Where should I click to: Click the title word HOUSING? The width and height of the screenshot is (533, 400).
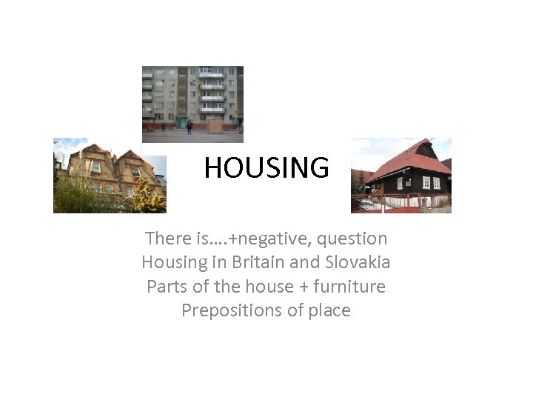pos(266,168)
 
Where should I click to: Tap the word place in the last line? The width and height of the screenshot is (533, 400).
pos(326,310)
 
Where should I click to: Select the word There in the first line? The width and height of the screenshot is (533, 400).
pos(168,239)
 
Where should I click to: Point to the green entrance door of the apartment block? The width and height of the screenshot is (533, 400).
pos(181,121)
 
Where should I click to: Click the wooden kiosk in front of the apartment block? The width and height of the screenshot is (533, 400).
pos(215,124)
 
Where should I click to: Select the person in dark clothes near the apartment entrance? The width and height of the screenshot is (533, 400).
pos(190,127)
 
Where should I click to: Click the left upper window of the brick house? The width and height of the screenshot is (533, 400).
pos(95,167)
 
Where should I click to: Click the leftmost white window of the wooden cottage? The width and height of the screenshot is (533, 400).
pos(400,183)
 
